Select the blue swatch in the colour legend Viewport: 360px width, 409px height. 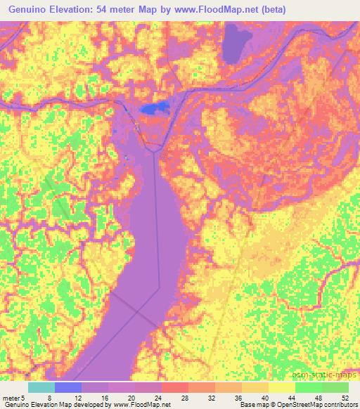coord(67,387)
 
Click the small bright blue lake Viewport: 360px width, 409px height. coord(155,108)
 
